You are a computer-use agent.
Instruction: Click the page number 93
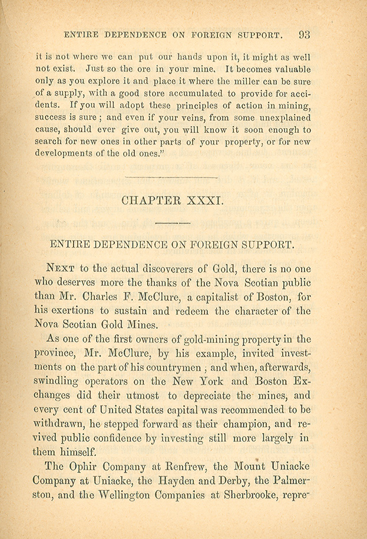coord(304,34)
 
